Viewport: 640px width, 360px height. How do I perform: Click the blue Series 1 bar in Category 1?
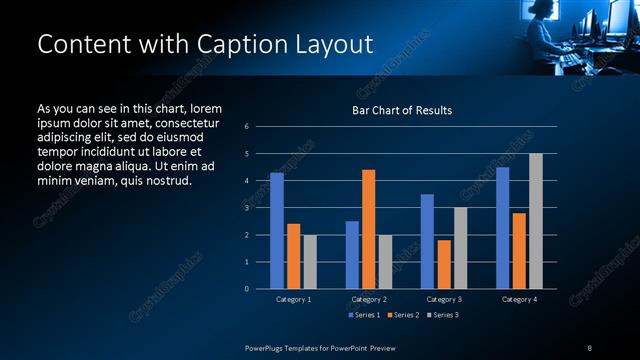point(277,231)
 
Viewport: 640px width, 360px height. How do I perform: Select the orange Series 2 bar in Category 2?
point(369,229)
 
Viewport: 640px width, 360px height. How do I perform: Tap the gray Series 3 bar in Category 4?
point(536,221)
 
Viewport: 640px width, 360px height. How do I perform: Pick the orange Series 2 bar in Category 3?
point(444,264)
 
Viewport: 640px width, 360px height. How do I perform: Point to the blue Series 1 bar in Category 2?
point(352,255)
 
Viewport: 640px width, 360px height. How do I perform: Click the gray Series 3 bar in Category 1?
point(310,262)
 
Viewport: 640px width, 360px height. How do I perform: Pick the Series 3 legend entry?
point(444,315)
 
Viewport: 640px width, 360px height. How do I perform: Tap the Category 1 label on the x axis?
point(294,299)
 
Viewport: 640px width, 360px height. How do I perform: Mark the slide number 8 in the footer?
point(590,347)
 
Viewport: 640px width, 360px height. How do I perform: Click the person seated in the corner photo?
point(543,35)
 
